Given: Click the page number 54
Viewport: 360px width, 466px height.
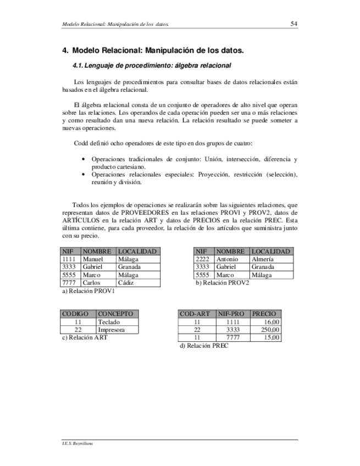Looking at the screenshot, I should click(x=293, y=24).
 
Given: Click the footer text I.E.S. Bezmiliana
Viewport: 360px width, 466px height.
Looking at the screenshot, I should click(x=77, y=443).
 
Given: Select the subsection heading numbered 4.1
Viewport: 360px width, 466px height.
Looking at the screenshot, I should click(x=152, y=65).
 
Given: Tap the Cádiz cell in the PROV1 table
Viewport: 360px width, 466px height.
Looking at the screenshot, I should click(x=126, y=282).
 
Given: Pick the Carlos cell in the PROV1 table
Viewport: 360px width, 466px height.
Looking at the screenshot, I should click(x=91, y=282).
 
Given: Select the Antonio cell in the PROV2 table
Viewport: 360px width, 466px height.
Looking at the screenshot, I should click(x=227, y=259).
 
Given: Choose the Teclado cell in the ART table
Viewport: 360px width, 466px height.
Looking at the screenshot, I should click(x=108, y=322).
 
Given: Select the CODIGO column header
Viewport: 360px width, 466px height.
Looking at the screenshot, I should click(x=76, y=314).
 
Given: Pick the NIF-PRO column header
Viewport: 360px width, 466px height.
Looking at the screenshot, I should click(x=231, y=314).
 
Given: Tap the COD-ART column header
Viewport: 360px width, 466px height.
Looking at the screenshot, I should click(x=195, y=314).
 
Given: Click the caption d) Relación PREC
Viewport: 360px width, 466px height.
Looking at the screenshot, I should click(x=204, y=346).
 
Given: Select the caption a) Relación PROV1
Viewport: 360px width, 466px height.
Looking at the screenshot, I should click(x=88, y=291).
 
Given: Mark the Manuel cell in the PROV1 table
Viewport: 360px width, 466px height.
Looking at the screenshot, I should click(x=92, y=259).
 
